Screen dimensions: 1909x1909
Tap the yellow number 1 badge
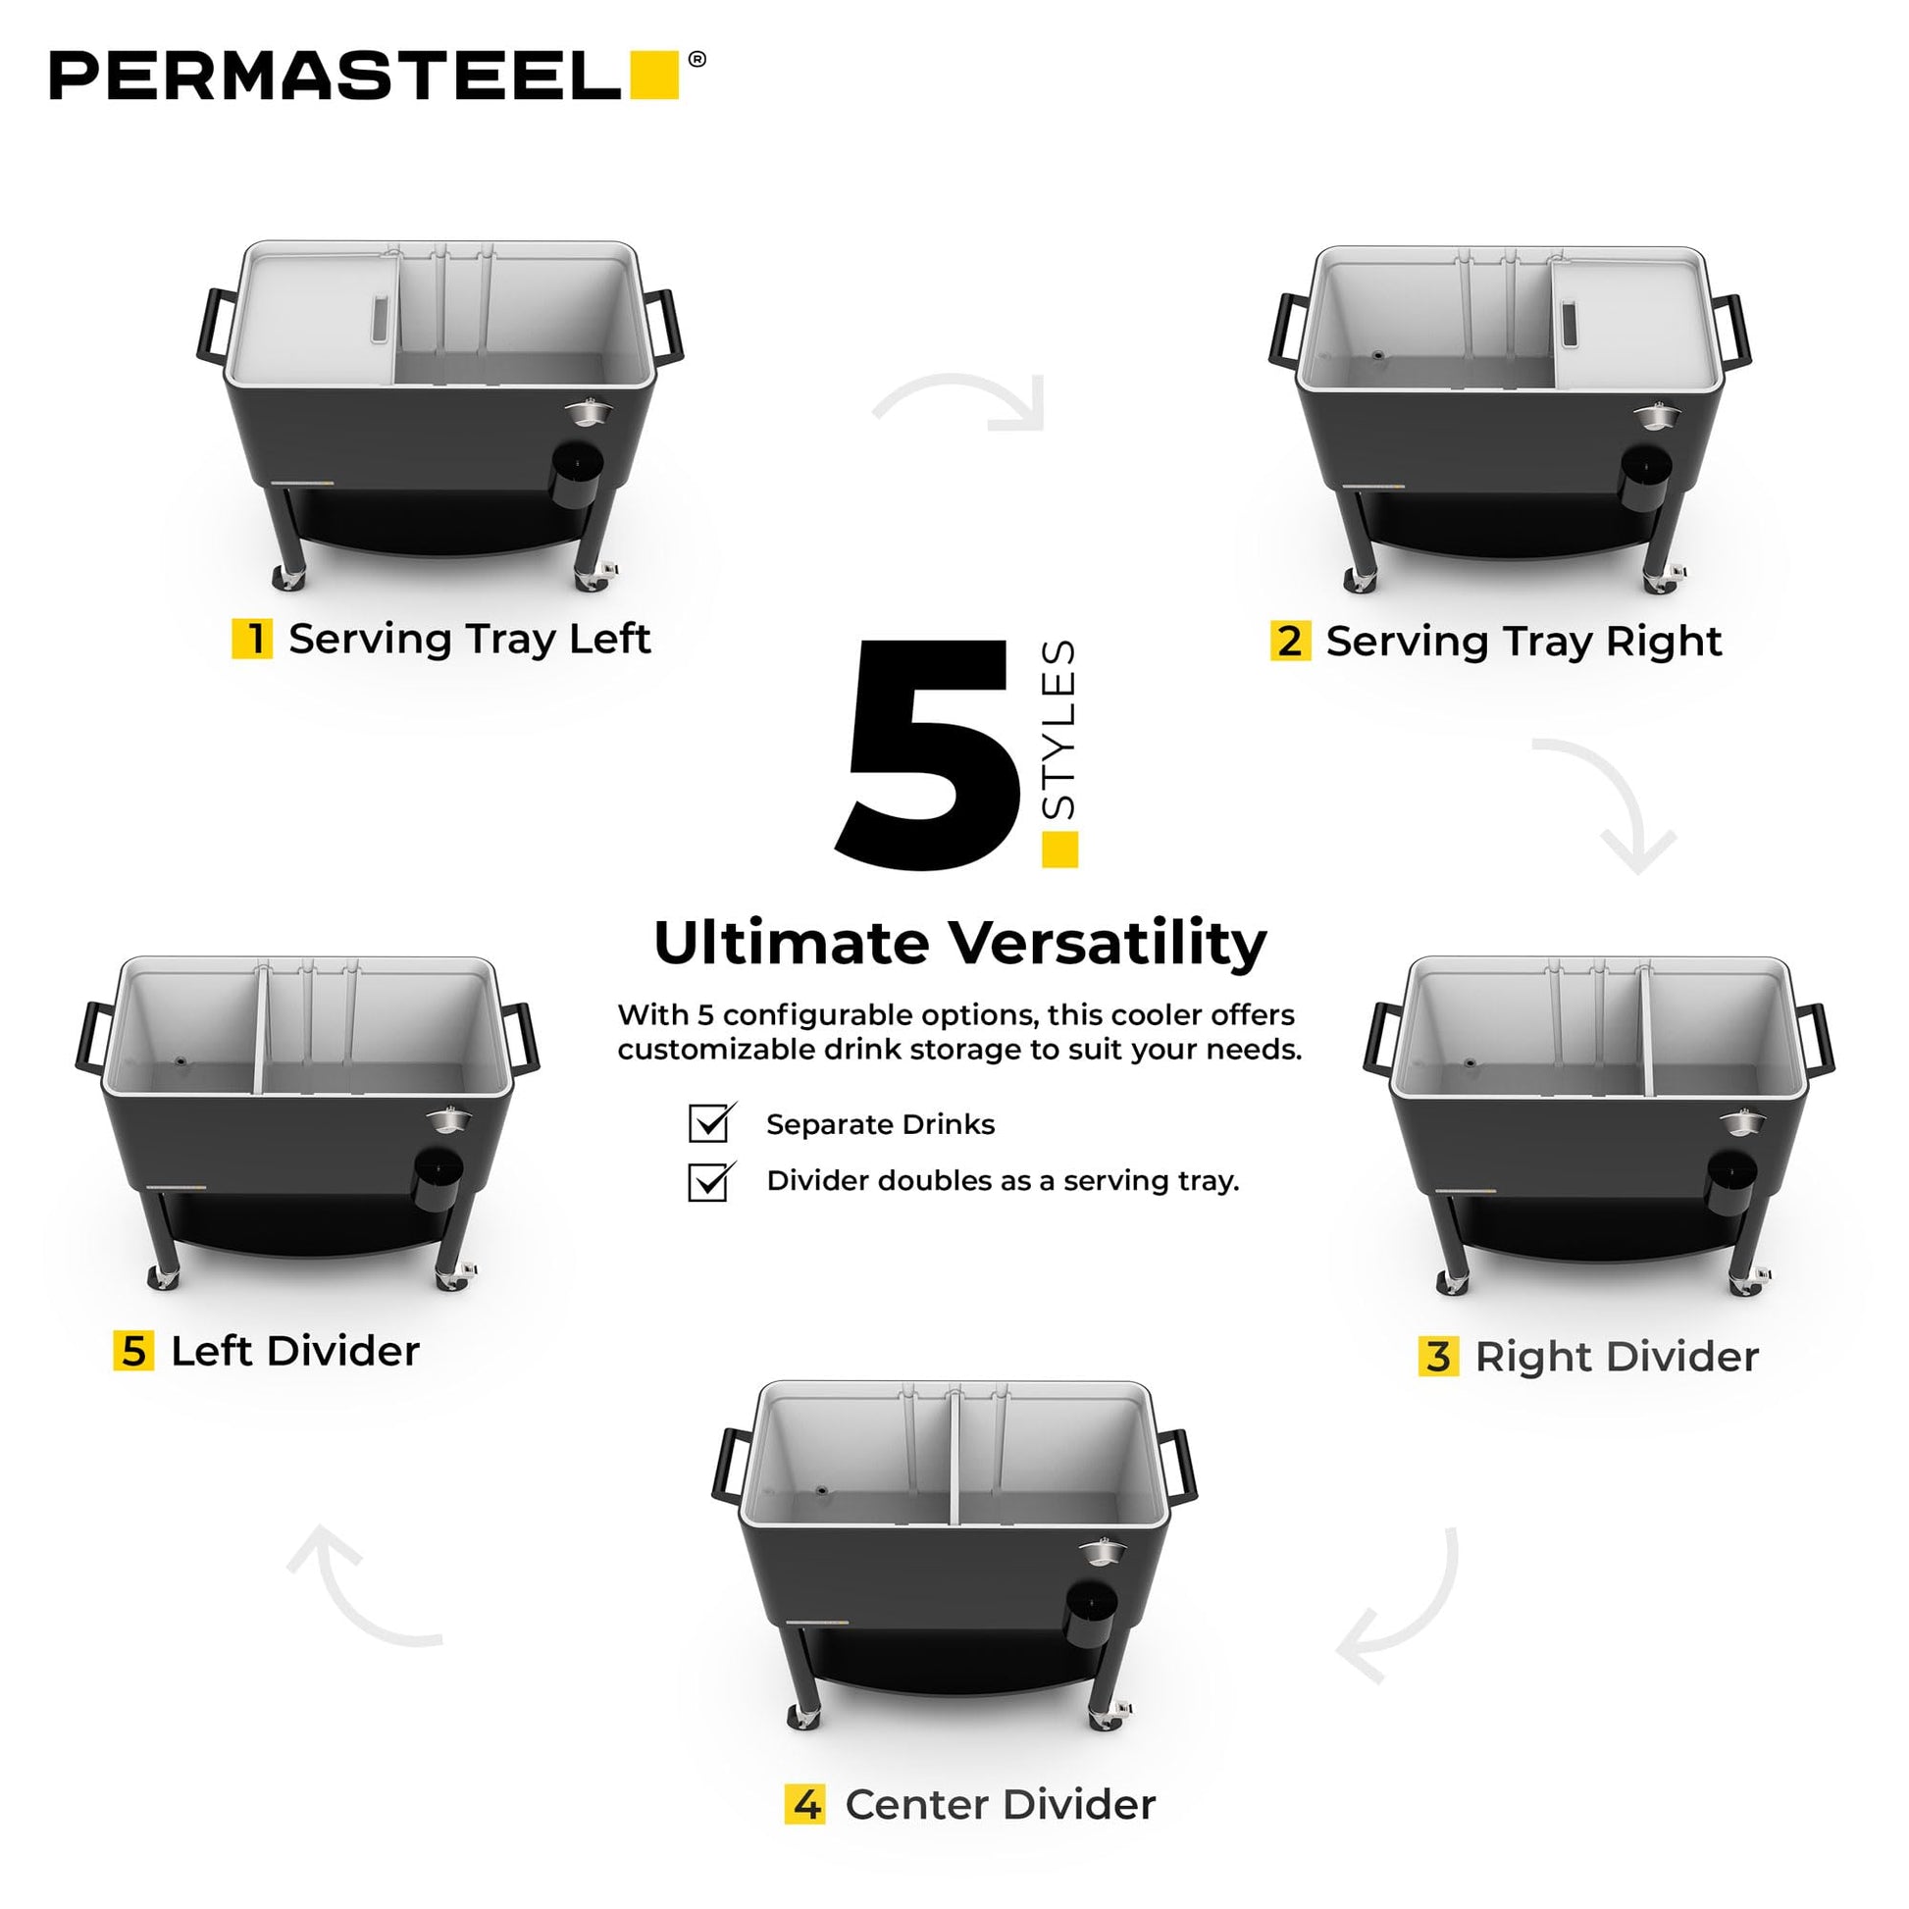pos(252,639)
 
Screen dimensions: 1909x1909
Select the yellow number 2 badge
pos(1290,641)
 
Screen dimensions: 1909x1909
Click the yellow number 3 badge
pos(1439,1356)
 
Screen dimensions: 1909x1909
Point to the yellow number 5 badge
pos(133,1351)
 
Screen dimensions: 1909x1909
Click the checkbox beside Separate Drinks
pos(710,1122)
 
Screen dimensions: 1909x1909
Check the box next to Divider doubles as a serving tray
pos(710,1180)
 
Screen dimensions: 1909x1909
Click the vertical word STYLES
pos(1058,729)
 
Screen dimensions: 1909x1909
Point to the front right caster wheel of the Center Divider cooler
pos(1109,1716)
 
